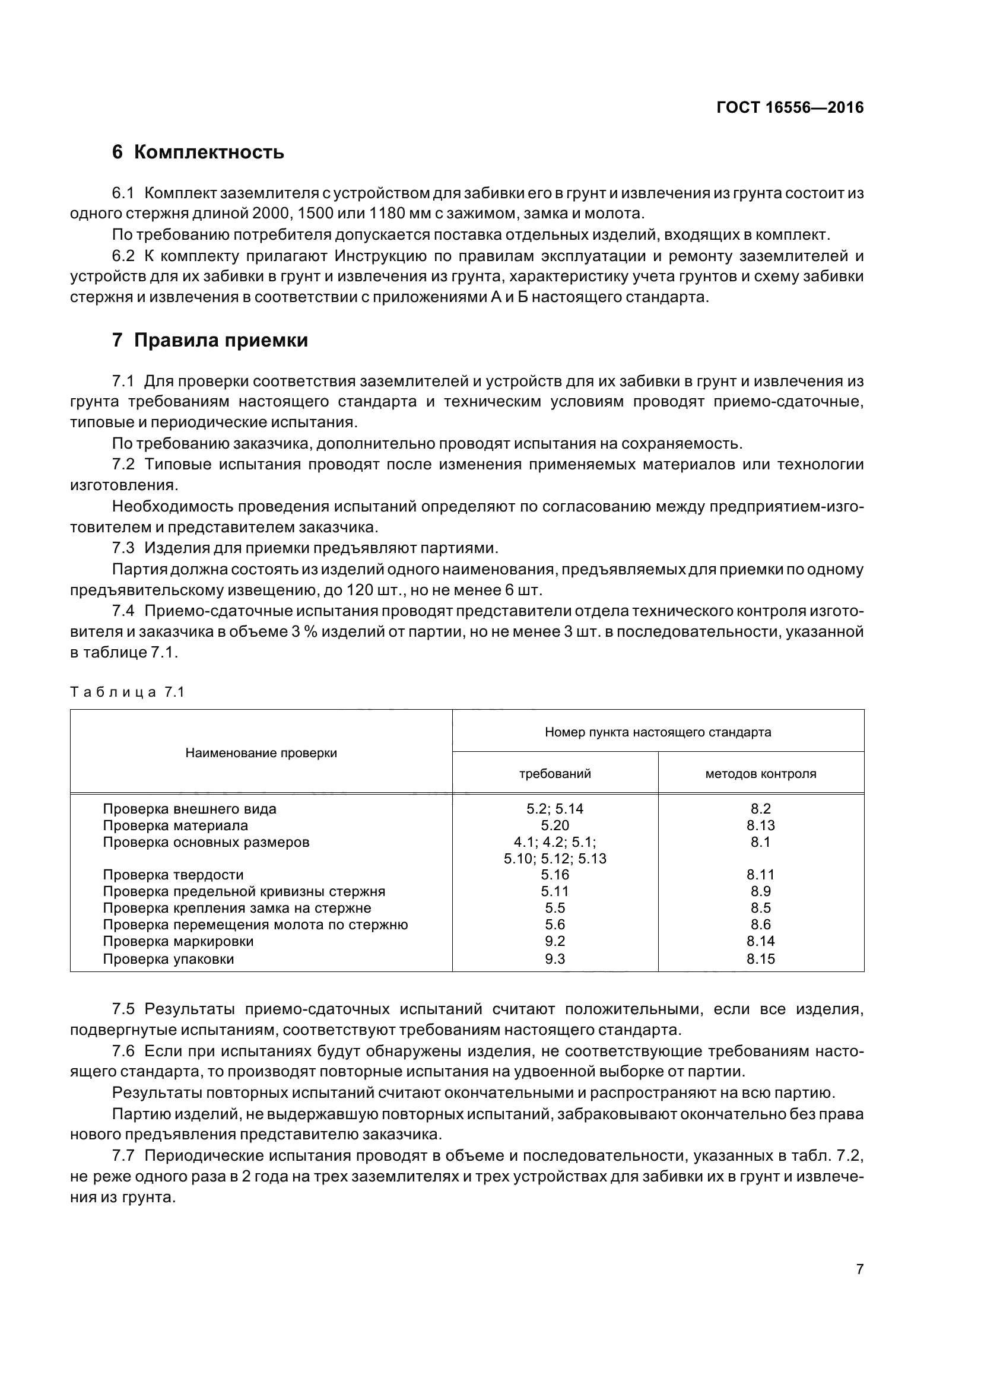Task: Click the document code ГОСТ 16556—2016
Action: [x=789, y=107]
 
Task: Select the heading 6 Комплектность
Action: [x=198, y=152]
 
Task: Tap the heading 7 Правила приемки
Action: [x=209, y=341]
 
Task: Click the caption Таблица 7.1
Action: [x=127, y=692]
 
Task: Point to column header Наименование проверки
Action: [x=261, y=753]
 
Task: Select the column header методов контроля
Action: [x=760, y=774]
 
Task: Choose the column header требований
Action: [x=555, y=774]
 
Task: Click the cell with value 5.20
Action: [x=555, y=826]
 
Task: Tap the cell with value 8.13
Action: [x=760, y=826]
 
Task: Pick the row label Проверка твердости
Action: [x=173, y=875]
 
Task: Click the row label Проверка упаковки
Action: [x=168, y=959]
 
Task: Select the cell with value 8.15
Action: [x=760, y=959]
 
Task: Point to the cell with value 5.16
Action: [x=555, y=875]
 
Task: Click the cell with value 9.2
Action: [x=555, y=941]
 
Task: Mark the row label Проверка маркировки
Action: [x=177, y=941]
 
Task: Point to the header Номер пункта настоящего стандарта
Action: [x=658, y=733]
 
